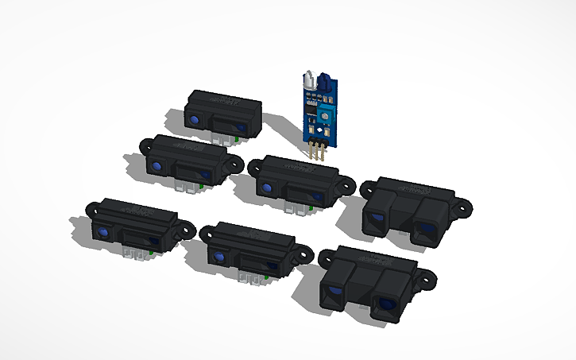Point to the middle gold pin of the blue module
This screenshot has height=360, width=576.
point(317,151)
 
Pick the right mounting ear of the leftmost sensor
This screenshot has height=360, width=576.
point(189,226)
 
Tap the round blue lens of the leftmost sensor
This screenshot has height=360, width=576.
point(103,231)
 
